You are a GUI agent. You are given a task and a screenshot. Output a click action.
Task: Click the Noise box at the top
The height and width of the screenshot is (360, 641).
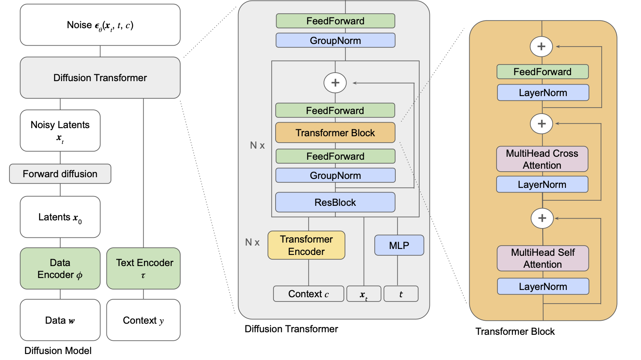point(100,25)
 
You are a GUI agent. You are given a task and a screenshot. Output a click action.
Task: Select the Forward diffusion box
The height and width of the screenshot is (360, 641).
point(60,174)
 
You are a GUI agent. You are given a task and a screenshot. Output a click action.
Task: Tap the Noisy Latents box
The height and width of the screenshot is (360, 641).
point(60,130)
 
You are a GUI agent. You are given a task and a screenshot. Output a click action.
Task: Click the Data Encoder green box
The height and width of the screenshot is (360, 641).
point(60,268)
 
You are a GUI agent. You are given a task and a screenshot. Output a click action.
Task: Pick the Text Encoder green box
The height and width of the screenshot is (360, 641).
point(144,268)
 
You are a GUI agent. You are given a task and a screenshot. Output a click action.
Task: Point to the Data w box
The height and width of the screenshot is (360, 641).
point(60,320)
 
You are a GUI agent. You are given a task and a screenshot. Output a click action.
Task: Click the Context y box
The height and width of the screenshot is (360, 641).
point(144,320)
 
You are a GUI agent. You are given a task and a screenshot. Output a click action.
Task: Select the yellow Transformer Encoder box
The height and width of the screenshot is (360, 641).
point(306,245)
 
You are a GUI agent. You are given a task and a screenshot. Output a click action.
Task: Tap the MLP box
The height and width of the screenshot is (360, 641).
point(399,245)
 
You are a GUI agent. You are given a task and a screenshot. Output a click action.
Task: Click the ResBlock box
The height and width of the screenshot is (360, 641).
point(335,202)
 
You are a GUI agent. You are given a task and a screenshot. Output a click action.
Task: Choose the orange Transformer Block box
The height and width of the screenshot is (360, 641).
point(335,133)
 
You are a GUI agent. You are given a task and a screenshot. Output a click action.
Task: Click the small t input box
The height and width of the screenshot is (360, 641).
point(401,294)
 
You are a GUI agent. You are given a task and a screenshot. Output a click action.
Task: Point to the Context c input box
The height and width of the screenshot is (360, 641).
point(309,294)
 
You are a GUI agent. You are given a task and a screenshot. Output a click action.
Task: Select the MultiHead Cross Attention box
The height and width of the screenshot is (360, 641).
point(542,159)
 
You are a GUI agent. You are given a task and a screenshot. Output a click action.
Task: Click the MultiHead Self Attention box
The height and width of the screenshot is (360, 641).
point(543,258)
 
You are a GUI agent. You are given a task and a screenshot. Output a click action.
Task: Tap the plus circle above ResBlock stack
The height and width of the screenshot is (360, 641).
point(335,83)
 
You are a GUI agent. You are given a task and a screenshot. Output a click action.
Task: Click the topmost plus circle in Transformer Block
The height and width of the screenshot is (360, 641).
point(541,47)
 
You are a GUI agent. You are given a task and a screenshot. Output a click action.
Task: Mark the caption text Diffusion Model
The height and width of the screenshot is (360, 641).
point(58,351)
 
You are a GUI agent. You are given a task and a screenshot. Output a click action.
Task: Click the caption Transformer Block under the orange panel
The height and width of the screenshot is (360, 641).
point(515,331)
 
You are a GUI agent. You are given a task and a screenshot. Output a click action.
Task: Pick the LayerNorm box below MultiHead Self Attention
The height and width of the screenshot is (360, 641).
point(543,287)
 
